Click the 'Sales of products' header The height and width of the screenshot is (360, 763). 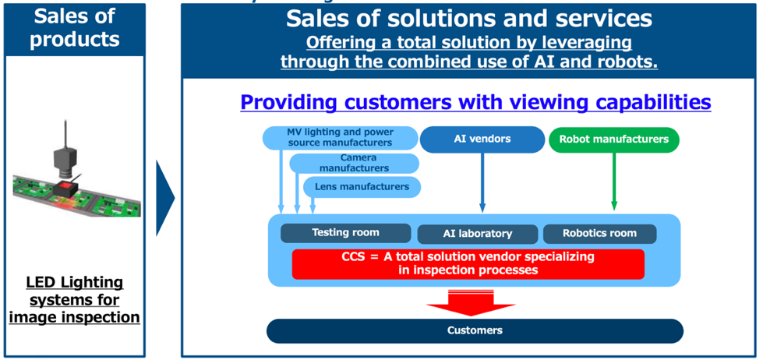pyautogui.click(x=75, y=28)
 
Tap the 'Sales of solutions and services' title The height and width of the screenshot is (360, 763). pyautogui.click(x=469, y=19)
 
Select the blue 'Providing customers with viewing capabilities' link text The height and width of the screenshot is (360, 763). pyautogui.click(x=475, y=102)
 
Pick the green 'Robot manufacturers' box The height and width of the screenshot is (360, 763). pyautogui.click(x=613, y=139)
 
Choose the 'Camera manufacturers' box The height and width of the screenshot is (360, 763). pyautogui.click(x=355, y=164)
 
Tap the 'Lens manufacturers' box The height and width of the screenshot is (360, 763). pyautogui.click(x=362, y=187)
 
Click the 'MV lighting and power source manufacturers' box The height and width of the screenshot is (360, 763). pyautogui.click(x=340, y=137)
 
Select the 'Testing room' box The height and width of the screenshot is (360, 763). pyautogui.click(x=345, y=232)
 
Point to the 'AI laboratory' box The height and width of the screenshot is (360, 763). pyautogui.click(x=477, y=234)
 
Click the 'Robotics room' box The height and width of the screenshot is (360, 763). pyautogui.click(x=599, y=234)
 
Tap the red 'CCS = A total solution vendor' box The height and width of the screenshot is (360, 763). pyautogui.click(x=468, y=264)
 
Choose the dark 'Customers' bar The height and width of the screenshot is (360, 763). pyautogui.click(x=475, y=331)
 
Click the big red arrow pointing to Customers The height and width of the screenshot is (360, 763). pyautogui.click(x=471, y=302)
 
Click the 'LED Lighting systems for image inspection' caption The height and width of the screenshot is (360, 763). pyautogui.click(x=75, y=300)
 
